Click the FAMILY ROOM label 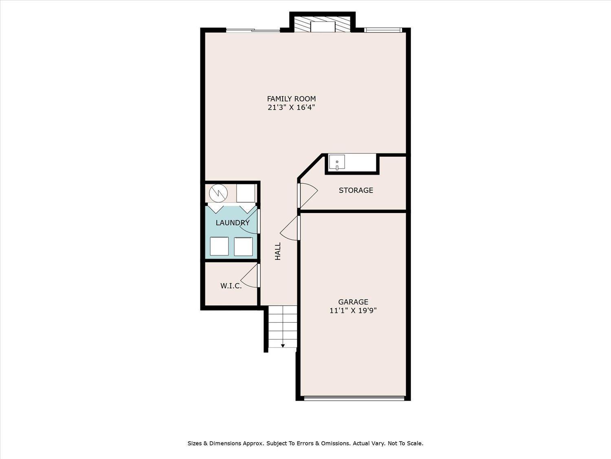pos(291,99)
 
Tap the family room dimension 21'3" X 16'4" pos(291,107)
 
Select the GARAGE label pos(353,302)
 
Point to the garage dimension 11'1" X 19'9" pos(353,310)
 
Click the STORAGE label pos(356,191)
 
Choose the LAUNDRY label pos(233,223)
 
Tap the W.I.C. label pos(231,286)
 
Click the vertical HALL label pos(278,251)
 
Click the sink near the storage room pos(337,162)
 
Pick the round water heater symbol pos(218,193)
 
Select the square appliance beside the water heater pos(246,193)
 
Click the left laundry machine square pos(219,246)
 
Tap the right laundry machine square pos(243,246)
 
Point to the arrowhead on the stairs pos(283,346)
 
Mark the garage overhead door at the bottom pos(354,398)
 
